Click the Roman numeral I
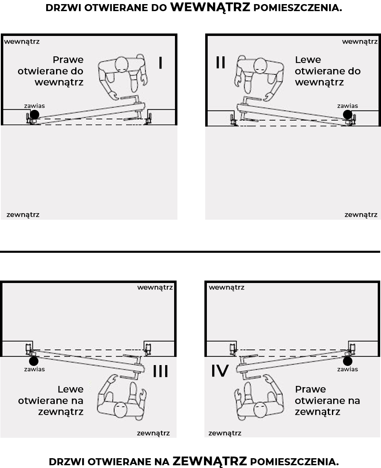[x=161, y=62]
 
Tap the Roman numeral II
[x=220, y=62]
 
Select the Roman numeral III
[x=161, y=371]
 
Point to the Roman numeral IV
[x=220, y=371]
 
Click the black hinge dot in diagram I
[x=34, y=114]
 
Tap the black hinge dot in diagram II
[x=347, y=114]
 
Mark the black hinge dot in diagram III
[x=34, y=361]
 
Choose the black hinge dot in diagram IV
[x=347, y=361]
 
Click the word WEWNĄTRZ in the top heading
[x=210, y=7]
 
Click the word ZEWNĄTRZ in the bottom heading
[x=210, y=461]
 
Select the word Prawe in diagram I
[x=68, y=60]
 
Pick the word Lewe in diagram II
[x=308, y=60]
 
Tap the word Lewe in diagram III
[x=71, y=389]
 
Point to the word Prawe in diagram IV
[x=310, y=389]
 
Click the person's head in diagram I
[x=122, y=65]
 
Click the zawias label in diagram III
[x=34, y=369]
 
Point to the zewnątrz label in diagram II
[x=361, y=214]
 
